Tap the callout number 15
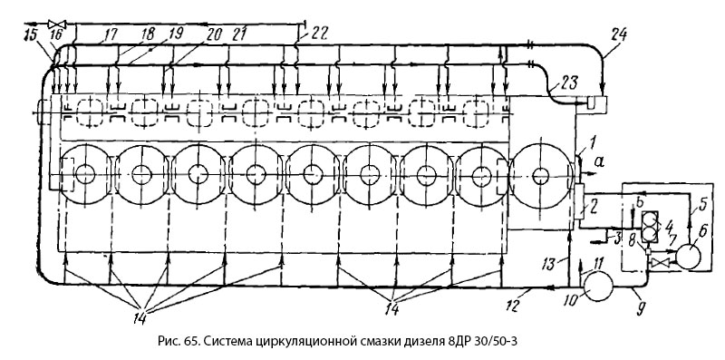point(31,35)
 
